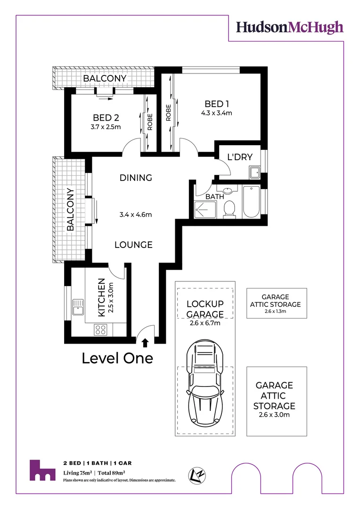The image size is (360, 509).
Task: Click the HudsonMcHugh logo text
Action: coord(289,27)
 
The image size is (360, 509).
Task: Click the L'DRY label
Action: coord(240,157)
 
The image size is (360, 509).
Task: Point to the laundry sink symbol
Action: coord(255,172)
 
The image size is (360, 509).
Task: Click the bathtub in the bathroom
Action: coord(251,201)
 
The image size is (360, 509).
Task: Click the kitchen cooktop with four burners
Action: coord(100,328)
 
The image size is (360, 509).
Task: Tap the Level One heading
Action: coord(117,358)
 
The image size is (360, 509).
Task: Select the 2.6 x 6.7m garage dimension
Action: coord(205,323)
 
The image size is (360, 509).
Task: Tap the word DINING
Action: coord(136,178)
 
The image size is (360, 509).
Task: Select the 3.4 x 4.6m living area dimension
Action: coord(136,215)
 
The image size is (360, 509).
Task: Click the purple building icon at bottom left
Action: coord(41,470)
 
